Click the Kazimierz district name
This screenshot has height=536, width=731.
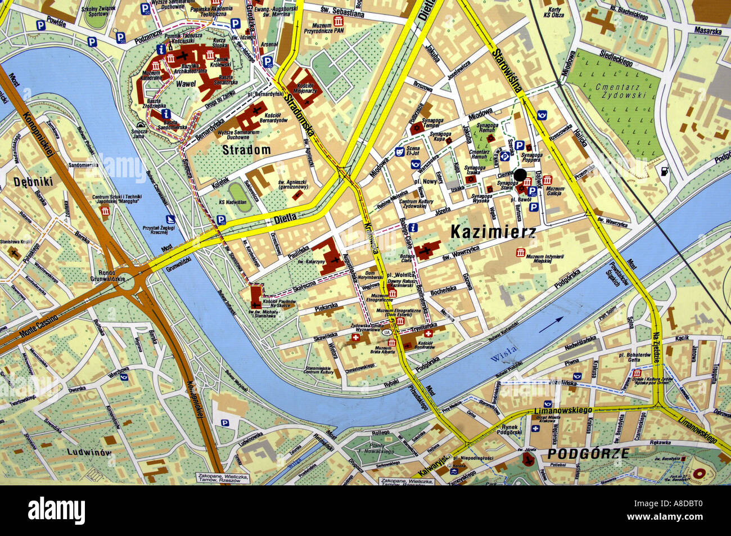(493, 231)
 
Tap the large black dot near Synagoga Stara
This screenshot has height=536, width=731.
(520, 174)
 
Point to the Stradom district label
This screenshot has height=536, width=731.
(246, 150)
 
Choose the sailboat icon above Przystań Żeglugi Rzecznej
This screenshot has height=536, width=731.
(170, 219)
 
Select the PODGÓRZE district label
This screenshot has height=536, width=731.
(588, 454)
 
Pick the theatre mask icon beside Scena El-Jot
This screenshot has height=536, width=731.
(399, 151)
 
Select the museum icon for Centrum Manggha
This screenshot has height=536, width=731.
(105, 211)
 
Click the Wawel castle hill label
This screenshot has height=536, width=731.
(186, 84)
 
